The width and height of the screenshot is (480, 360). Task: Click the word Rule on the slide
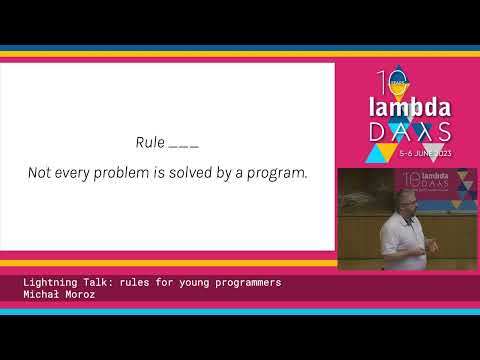pos(149,142)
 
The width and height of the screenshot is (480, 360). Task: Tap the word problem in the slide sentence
pos(123,173)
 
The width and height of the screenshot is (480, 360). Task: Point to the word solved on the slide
pos(190,173)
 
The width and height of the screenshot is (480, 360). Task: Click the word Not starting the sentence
pos(39,173)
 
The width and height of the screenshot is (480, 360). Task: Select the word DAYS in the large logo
pos(410,132)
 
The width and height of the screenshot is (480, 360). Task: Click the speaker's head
pos(394,200)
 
